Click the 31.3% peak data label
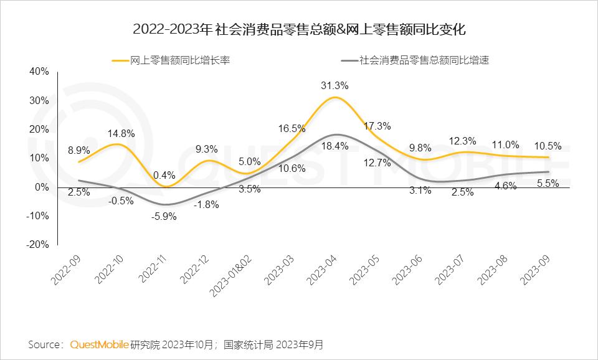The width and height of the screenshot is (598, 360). pos(335,85)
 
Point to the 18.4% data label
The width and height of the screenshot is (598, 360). pos(335,146)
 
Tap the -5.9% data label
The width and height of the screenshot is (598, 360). pos(164,217)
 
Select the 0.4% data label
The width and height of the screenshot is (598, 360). pos(164,175)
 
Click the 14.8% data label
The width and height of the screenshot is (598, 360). pos(121,133)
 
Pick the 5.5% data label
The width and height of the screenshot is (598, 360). pos(548,183)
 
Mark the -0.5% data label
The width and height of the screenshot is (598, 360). pos(121,201)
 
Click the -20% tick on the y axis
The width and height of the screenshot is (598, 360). pos(37,245)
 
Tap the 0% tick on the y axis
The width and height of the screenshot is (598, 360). pos(42,187)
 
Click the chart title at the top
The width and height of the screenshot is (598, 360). pos(299,29)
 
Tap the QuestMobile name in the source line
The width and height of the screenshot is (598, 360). pos(99,344)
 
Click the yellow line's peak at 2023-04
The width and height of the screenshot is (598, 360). pos(335,98)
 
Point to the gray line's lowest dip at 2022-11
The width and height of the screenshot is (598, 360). pos(164,204)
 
